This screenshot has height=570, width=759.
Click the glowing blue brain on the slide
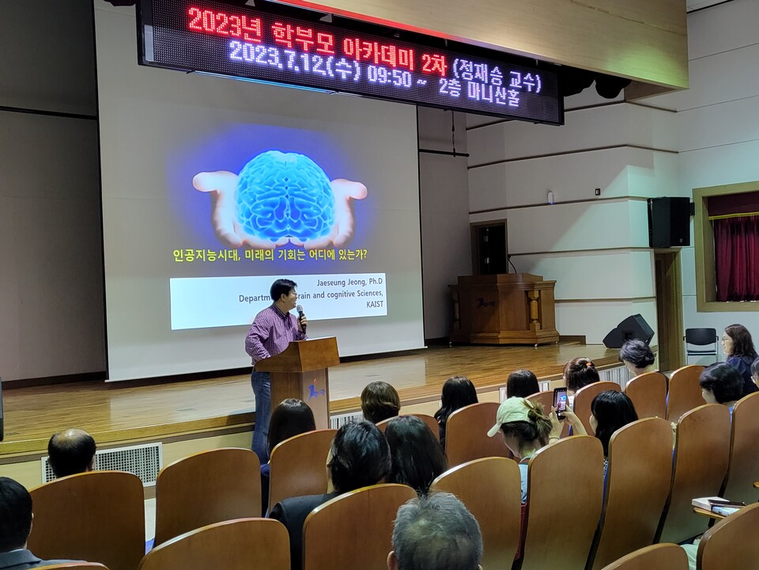pos(285,196)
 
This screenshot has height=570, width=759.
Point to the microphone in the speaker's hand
pos(300,316)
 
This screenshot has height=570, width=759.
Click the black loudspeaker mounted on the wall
pos(668,222)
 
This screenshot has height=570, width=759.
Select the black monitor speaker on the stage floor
pos(629,331)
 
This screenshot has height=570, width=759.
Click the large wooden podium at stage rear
pos(504,310)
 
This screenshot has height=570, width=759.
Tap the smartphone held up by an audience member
pos(561,401)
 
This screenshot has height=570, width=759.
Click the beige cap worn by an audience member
pos(512,413)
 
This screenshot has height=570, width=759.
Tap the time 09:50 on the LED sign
pos(389,77)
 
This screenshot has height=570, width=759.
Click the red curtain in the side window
pos(735,257)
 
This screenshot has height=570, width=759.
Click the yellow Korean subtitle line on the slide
pos(270,256)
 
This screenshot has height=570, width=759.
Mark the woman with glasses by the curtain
pos(738,348)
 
